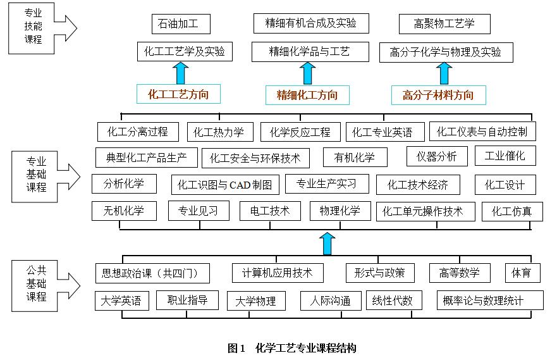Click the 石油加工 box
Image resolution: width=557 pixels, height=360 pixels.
click(181, 24)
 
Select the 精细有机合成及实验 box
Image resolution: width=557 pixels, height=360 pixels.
click(311, 23)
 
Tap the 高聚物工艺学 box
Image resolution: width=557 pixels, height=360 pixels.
click(444, 24)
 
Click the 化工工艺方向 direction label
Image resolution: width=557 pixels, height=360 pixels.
click(178, 94)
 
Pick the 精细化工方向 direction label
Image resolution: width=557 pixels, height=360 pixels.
click(307, 95)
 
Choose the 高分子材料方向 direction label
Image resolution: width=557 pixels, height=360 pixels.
click(438, 95)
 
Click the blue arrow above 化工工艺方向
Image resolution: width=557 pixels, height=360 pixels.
click(181, 73)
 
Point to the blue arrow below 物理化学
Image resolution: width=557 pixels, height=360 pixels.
click(327, 244)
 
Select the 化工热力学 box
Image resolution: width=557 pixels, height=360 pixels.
click(220, 132)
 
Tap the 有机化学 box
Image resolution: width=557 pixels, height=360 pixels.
click(355, 157)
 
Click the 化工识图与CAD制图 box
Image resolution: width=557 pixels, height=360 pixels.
click(225, 185)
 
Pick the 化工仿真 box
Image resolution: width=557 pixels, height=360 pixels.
click(512, 211)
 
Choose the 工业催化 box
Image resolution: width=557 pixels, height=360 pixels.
click(505, 156)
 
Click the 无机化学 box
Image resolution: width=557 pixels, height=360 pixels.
click(124, 211)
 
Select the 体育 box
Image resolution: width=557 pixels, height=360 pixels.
click(522, 273)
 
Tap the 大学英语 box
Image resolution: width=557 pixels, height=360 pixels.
click(121, 301)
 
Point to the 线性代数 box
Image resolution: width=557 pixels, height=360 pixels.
click(394, 301)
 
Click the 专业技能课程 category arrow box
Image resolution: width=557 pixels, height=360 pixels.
click(42, 28)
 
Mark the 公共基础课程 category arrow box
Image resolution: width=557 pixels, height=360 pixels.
click(46, 286)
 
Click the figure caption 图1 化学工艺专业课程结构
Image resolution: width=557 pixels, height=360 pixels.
click(292, 348)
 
